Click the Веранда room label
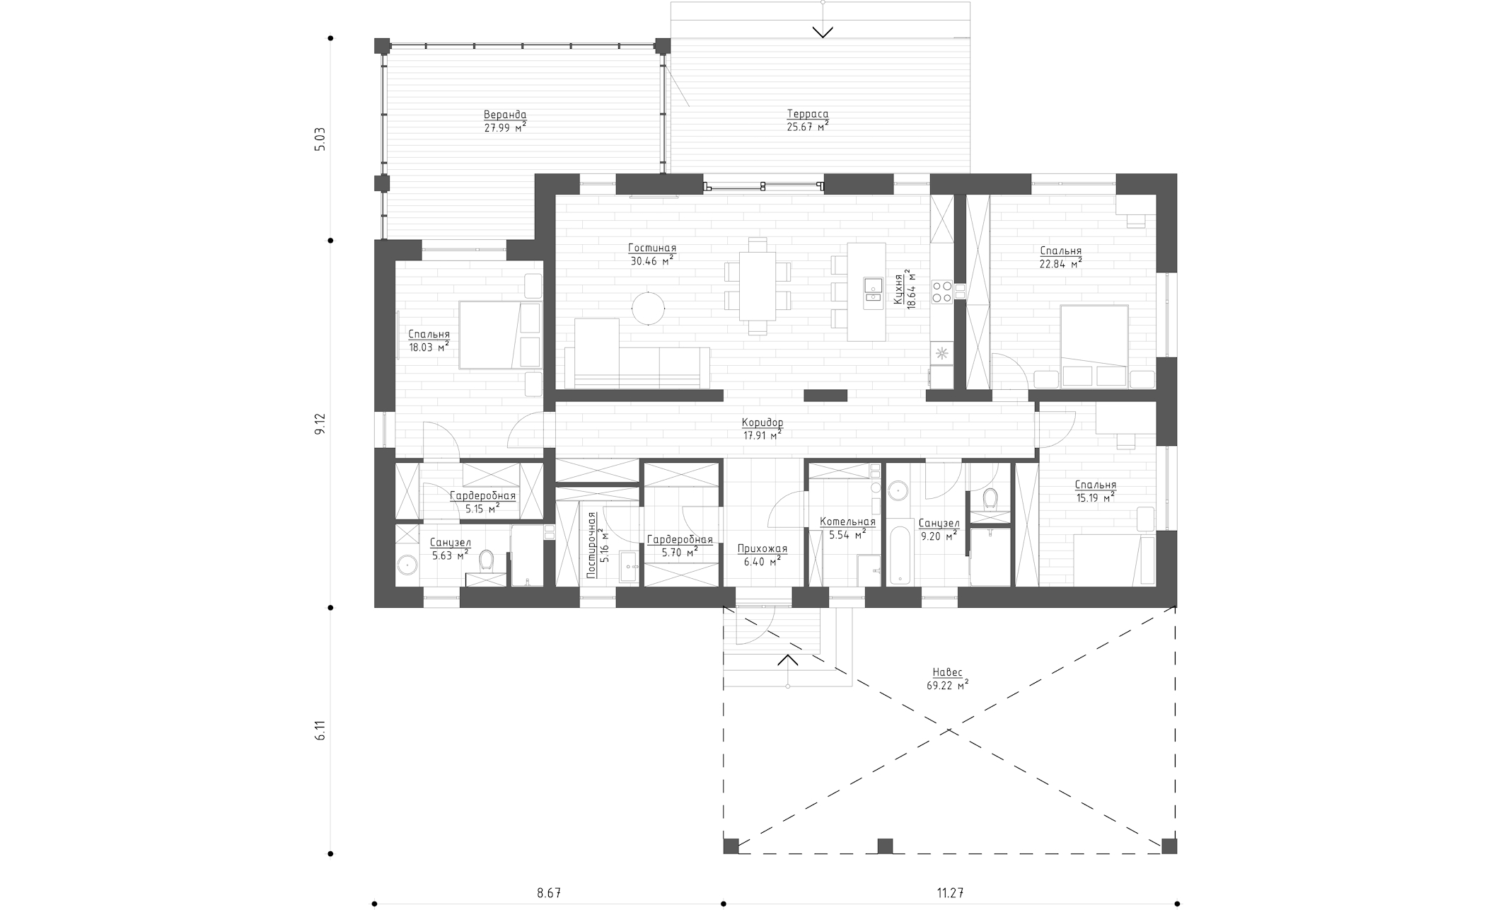(505, 115)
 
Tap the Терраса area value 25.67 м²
(808, 127)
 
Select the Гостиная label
(652, 248)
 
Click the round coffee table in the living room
(649, 308)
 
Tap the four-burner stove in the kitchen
(942, 292)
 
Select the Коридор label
(763, 423)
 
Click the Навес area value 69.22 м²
(947, 685)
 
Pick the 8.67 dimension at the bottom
(549, 893)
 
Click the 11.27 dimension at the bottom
(951, 893)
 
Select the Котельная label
(847, 522)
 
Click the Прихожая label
(762, 548)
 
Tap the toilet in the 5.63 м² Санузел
(486, 561)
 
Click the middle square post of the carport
(885, 846)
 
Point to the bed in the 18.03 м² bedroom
(500, 335)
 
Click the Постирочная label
(592, 545)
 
